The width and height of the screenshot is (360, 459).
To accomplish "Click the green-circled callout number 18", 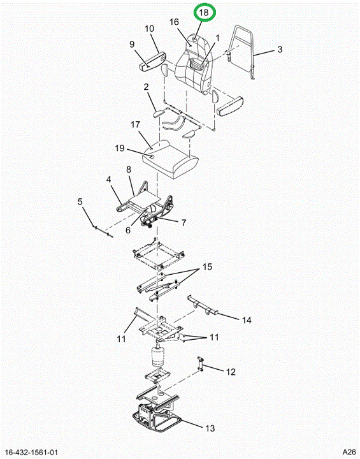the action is point(204,13).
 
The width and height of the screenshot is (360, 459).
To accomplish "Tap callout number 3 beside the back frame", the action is point(280,49).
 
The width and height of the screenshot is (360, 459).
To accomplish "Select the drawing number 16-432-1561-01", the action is point(32,452).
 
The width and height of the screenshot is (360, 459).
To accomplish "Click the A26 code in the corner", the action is point(349,452).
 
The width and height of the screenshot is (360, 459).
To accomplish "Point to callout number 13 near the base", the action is point(210,428).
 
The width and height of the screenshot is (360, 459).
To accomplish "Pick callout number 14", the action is point(247,320).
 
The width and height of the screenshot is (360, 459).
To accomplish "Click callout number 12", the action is point(231,372).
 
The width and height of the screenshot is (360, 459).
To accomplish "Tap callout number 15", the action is point(207,267).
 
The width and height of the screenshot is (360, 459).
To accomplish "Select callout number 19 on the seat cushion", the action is point(120,148).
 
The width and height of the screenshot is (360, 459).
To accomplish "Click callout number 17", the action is point(135,125).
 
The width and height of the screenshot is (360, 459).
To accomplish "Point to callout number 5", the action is point(80,201).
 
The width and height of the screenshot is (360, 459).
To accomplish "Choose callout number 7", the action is point(184,222).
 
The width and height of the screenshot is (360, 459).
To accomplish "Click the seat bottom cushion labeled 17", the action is point(170,159).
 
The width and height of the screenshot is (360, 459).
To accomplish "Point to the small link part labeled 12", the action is point(201,364).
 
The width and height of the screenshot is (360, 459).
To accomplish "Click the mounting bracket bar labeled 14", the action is point(203,305).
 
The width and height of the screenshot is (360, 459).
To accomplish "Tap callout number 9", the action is point(132,44).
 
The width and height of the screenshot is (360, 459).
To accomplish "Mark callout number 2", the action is point(146,87).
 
